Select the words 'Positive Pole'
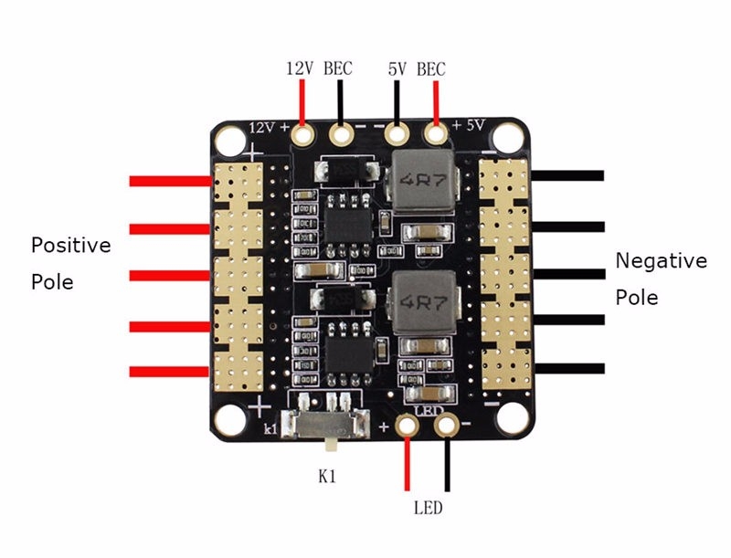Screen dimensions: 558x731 point(70,263)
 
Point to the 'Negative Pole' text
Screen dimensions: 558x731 point(661,279)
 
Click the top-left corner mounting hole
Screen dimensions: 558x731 point(228,139)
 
